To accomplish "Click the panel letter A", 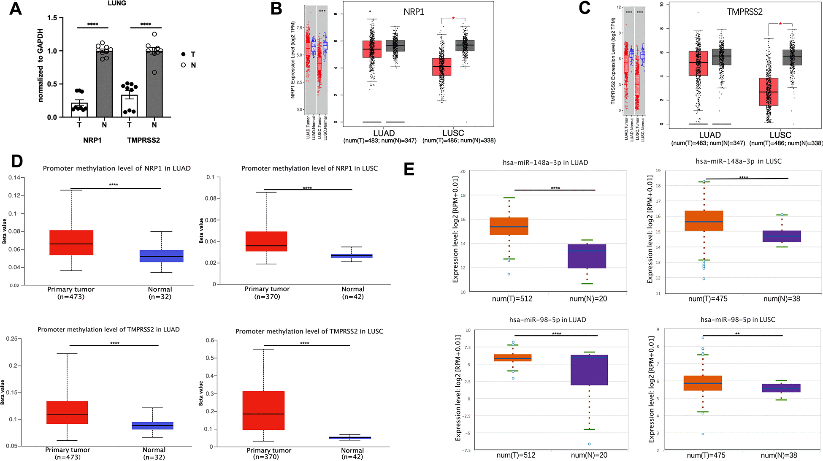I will (16, 8).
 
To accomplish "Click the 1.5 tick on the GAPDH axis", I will (52, 18).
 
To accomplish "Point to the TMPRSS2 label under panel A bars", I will (143, 140).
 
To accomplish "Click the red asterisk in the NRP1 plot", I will (453, 19).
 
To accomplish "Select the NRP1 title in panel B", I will (414, 12).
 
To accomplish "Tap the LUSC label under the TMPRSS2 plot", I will (780, 135).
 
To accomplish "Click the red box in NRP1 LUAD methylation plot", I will (71, 243).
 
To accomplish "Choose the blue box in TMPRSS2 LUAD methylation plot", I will (153, 426).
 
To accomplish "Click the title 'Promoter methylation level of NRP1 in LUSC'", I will (309, 168).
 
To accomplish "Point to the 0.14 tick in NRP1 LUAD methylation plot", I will (14, 178).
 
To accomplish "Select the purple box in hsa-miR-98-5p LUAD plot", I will (589, 370).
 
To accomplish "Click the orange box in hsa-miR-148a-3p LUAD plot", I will (509, 226).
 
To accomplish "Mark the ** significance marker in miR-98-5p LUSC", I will (737, 334).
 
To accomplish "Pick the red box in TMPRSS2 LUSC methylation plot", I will (263, 410).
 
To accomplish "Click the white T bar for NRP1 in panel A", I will (79, 110).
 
